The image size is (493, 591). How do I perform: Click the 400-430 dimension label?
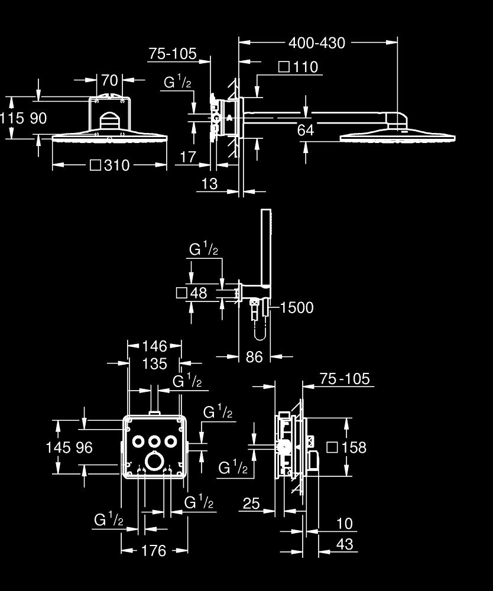[x=316, y=43]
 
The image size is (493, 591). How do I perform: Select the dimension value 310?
[x=116, y=165]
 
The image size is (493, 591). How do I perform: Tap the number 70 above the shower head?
[x=109, y=80]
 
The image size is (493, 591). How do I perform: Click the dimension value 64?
[x=306, y=130]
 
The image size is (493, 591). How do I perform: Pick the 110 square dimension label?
[x=305, y=67]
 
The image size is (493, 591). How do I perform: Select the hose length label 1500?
[x=297, y=307]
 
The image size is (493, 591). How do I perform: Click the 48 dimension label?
[x=199, y=293]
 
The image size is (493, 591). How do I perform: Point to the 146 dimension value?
[x=155, y=346]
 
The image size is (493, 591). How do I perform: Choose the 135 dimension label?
[x=155, y=364]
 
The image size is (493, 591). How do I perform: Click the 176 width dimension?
[x=154, y=551]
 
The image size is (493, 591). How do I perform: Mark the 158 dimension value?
[x=354, y=447]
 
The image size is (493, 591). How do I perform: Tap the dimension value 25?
[x=251, y=504]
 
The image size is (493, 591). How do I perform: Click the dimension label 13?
[x=209, y=184]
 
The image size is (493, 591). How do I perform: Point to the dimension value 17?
[x=187, y=157]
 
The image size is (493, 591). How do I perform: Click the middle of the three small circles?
[x=155, y=441]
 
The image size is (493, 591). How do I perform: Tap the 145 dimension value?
[x=57, y=447]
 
